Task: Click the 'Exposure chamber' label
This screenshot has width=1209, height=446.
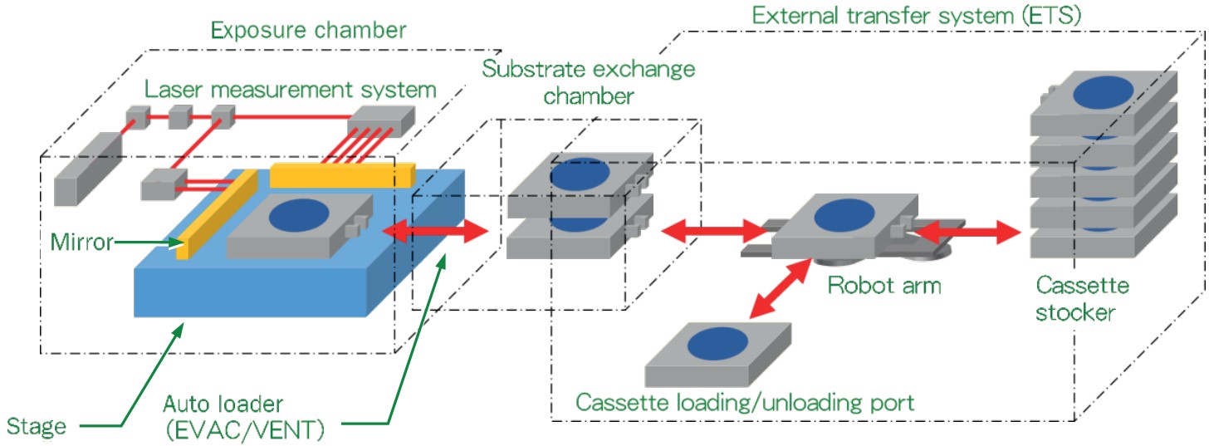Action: click(x=309, y=32)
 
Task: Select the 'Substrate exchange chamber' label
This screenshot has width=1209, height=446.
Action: click(x=589, y=81)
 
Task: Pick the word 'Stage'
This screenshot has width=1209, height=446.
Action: click(x=36, y=428)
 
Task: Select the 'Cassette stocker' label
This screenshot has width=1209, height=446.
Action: click(x=1082, y=300)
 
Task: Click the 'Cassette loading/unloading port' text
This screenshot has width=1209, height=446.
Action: click(x=745, y=404)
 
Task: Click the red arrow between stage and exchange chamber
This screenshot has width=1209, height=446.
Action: click(x=437, y=230)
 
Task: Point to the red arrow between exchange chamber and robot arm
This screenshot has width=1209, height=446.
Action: click(x=713, y=230)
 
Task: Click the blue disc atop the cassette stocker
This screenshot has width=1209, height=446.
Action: click(x=1104, y=94)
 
